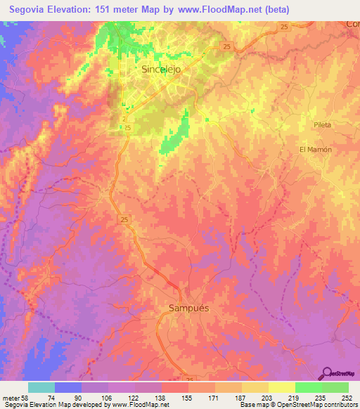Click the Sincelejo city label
(x=162, y=70)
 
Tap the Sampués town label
(x=189, y=308)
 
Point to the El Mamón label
(x=315, y=150)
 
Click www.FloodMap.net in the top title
(x=219, y=10)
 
